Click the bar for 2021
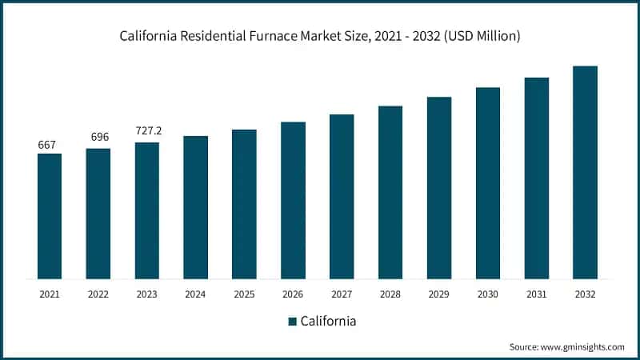[x=50, y=216]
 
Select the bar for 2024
[x=195, y=207]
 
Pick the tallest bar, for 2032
[x=585, y=172]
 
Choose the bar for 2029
[x=439, y=188]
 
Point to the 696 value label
[x=98, y=138]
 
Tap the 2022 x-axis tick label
[x=98, y=294]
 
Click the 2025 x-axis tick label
[x=244, y=294]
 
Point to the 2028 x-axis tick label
[x=390, y=294]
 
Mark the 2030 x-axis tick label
[x=488, y=294]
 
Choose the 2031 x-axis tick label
[x=536, y=294]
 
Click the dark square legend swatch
[x=292, y=322]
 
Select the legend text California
[x=328, y=322]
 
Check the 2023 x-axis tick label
[x=147, y=294]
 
